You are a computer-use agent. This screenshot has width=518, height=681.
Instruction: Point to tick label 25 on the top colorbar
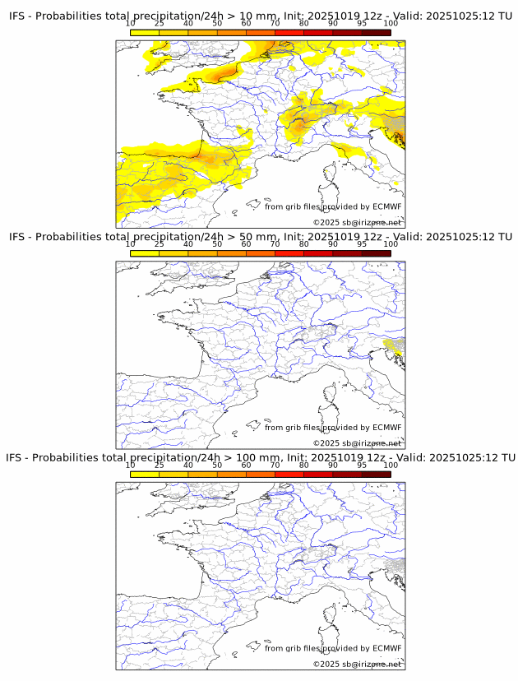[x=159, y=24]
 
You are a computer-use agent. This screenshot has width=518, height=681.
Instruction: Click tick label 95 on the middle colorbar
[x=362, y=244]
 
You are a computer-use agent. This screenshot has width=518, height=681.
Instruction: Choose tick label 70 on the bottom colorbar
[x=275, y=465]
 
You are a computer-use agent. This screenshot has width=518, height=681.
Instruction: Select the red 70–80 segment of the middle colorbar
[x=289, y=253]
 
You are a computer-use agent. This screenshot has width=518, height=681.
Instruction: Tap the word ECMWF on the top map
[x=386, y=206]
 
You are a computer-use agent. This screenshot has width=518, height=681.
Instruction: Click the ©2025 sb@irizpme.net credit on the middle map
[x=357, y=443]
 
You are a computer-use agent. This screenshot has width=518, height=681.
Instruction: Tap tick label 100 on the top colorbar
[x=391, y=24]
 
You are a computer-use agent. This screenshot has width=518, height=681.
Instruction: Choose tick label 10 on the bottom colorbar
[x=131, y=465]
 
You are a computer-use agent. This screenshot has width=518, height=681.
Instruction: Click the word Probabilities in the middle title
[x=67, y=237]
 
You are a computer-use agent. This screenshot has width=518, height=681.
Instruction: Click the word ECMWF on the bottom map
[x=386, y=648]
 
